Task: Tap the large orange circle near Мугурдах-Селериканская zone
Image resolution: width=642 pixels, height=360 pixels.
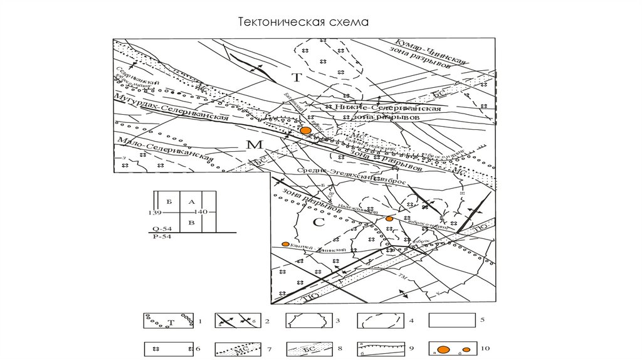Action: click(306, 131)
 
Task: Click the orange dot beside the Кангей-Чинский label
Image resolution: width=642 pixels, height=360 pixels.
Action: click(285, 244)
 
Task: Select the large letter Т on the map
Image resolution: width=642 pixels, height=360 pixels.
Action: click(298, 77)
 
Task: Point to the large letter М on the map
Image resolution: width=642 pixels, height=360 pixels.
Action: click(253, 146)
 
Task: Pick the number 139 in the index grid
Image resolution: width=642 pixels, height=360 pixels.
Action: click(154, 213)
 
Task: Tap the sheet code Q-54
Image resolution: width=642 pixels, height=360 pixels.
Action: click(160, 229)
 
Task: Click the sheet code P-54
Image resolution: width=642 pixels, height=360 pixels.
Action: click(160, 237)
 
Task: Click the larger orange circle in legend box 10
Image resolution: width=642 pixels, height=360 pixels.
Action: click(443, 349)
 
